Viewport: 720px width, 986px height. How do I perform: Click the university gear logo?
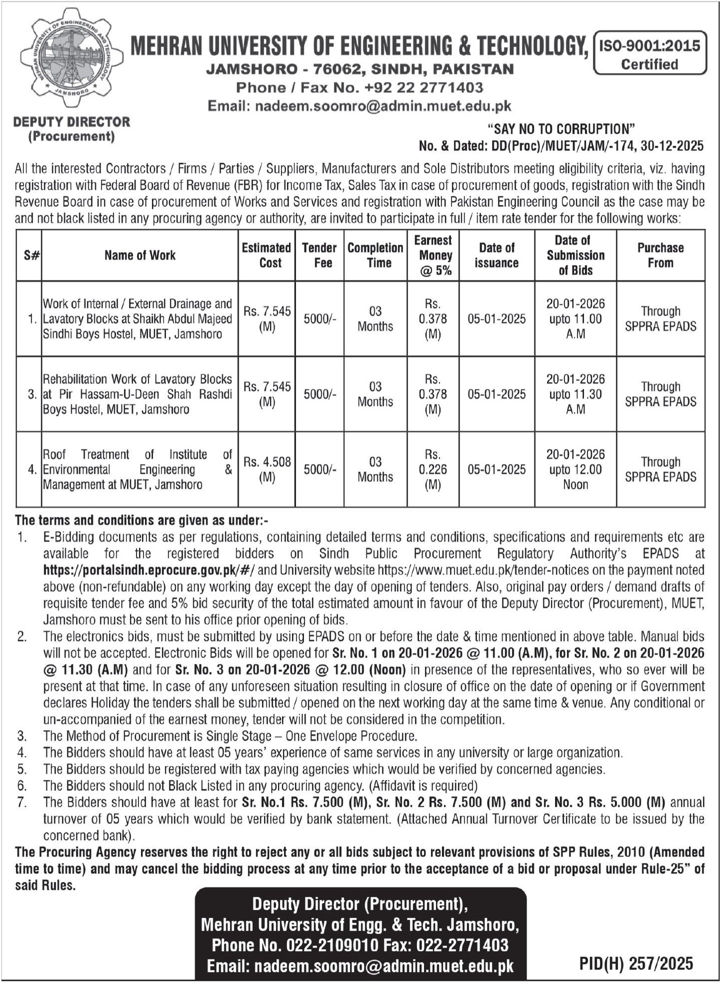(x=71, y=59)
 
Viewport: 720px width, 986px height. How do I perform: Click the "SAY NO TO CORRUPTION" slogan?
(x=561, y=129)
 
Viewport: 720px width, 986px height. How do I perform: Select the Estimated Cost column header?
(x=267, y=255)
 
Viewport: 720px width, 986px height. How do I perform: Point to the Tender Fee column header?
(x=319, y=255)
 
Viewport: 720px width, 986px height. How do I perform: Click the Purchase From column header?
(x=660, y=255)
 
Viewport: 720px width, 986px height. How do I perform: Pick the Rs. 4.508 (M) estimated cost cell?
(x=267, y=469)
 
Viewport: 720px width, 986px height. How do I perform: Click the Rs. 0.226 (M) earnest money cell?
(x=432, y=469)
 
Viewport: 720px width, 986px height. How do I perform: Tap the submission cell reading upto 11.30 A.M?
(x=576, y=394)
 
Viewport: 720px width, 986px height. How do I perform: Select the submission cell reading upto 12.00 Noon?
(x=576, y=469)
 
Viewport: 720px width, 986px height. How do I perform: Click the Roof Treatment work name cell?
(x=138, y=469)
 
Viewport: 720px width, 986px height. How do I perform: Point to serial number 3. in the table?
(x=31, y=394)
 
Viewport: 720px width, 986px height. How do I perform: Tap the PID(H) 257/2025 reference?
(x=636, y=964)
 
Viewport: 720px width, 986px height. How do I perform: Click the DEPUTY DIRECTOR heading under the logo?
(x=72, y=122)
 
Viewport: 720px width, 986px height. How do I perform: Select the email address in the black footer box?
(x=360, y=966)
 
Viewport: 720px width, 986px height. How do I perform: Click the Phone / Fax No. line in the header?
(x=359, y=88)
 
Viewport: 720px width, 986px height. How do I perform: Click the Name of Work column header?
(x=140, y=255)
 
